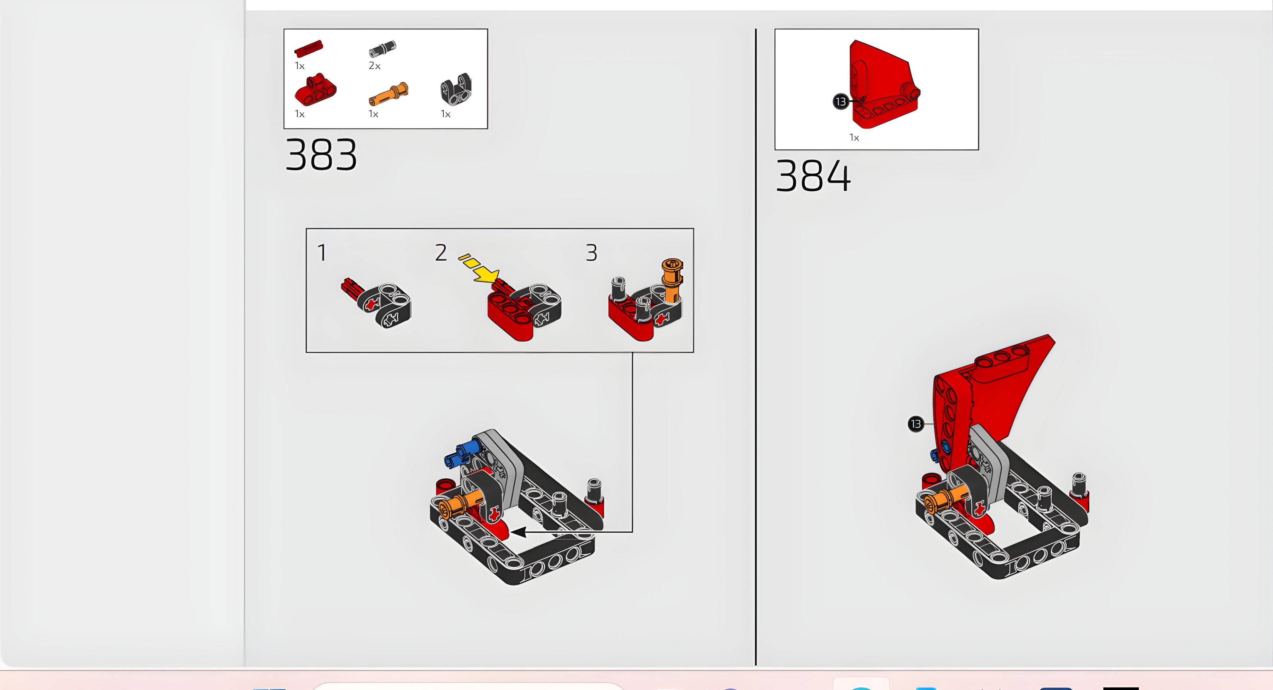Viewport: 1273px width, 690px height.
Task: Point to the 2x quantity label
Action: coord(375,66)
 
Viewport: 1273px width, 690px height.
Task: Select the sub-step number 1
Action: coord(322,253)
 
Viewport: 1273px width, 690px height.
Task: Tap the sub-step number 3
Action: coord(592,253)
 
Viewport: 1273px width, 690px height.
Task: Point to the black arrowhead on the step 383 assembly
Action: coord(519,532)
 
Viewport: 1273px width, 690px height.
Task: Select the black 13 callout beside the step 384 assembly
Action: coord(916,424)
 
